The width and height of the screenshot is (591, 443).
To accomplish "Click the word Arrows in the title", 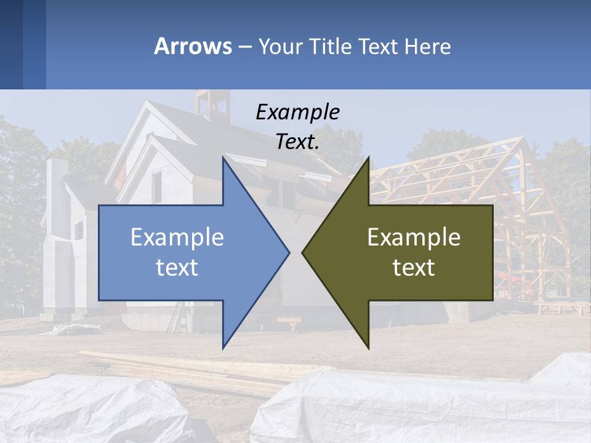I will point(193,46).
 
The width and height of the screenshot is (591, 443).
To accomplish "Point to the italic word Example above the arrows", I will point(297,112).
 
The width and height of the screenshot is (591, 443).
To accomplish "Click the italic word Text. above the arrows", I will point(297,142).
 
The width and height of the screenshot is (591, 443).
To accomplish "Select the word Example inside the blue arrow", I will point(177,237).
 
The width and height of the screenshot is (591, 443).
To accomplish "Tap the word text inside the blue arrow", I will point(177,267).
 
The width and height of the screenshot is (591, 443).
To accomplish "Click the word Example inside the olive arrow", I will point(414,237).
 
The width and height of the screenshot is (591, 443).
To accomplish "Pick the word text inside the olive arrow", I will point(414,267).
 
